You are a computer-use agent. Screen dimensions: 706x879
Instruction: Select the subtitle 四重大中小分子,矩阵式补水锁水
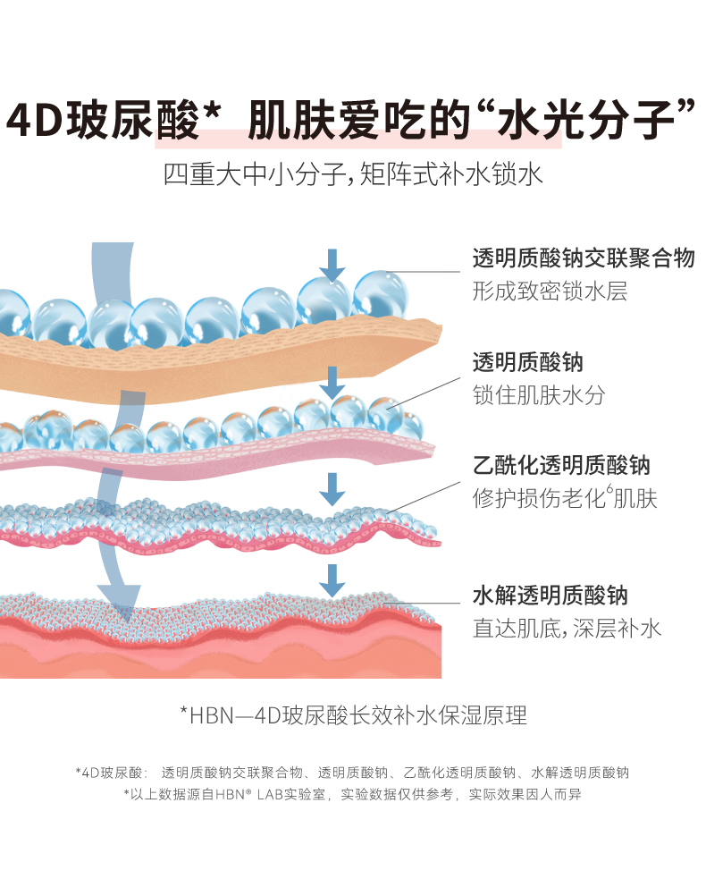353,173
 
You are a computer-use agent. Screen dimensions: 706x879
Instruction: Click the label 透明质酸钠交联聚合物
583,259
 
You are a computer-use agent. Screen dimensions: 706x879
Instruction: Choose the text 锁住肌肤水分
539,395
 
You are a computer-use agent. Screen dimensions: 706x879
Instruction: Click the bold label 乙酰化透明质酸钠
561,465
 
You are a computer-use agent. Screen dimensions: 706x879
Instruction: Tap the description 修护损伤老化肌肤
565,498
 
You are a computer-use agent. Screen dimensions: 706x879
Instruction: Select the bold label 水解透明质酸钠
550,596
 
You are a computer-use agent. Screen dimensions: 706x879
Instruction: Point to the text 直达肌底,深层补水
567,628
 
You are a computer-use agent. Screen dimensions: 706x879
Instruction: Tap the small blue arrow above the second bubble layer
333,382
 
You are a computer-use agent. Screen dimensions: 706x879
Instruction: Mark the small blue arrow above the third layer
333,488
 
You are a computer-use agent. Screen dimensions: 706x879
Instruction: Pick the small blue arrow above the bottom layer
333,580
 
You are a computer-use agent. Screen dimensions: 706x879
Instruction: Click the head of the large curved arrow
119,599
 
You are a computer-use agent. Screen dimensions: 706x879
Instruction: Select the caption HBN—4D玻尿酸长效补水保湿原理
353,714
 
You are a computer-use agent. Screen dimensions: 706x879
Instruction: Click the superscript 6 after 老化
610,490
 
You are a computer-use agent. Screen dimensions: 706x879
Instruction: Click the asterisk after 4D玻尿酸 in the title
212,113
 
